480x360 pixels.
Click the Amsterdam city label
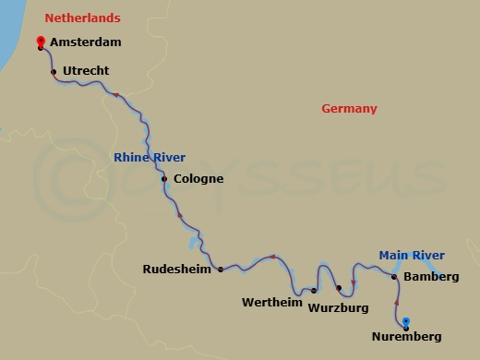(x=87, y=42)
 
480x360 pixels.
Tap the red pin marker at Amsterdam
(x=40, y=42)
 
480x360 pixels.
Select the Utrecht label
(x=86, y=70)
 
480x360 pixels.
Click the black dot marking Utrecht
(x=54, y=71)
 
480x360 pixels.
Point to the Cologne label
(x=198, y=178)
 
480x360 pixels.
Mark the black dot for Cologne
(x=164, y=179)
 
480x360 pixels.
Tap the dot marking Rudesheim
(x=221, y=270)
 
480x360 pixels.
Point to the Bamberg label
(x=431, y=276)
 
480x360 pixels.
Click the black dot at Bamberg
(x=394, y=276)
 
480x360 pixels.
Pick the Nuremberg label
(x=406, y=337)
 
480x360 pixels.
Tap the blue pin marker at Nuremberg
(x=406, y=322)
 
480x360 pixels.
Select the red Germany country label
(x=349, y=109)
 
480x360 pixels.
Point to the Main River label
(x=412, y=256)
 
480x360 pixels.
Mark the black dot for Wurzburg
(x=339, y=288)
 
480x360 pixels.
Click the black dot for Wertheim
(x=315, y=288)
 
